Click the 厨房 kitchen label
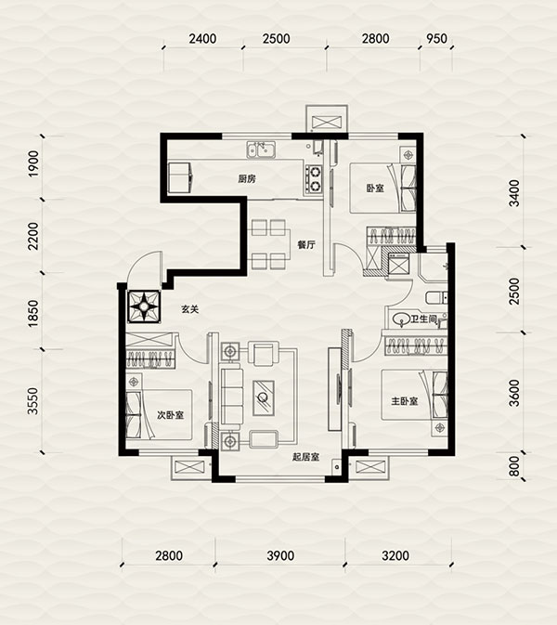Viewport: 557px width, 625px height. point(247,179)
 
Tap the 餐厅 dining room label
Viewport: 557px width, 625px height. point(306,245)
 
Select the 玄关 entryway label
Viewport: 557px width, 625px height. point(189,309)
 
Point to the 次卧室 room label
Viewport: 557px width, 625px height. point(170,415)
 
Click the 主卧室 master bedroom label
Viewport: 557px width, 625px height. point(405,401)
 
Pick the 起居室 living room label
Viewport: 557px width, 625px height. point(306,457)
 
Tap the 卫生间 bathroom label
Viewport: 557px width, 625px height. point(424,319)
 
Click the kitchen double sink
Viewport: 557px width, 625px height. point(261,150)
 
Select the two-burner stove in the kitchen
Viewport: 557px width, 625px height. point(314,179)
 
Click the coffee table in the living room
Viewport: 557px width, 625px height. point(263,397)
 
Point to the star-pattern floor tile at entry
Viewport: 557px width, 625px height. point(144,306)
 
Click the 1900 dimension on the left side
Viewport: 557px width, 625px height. point(34,163)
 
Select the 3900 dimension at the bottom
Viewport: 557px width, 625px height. point(280,555)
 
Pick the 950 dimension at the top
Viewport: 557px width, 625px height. point(436,39)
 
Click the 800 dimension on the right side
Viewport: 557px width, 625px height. point(514,466)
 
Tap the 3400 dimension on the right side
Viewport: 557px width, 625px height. point(514,193)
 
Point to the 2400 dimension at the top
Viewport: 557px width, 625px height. point(202,39)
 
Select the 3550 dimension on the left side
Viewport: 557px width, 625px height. point(33,401)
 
